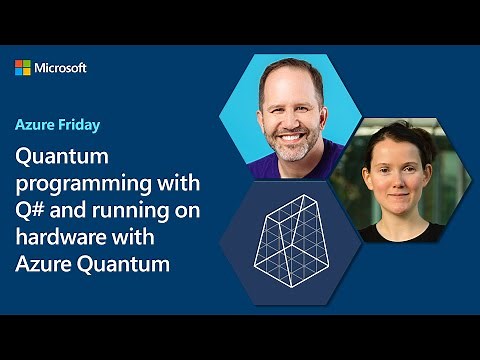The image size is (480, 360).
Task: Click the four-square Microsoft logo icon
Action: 23,67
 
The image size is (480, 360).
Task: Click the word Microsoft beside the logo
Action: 61,67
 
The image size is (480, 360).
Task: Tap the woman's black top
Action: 395,233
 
